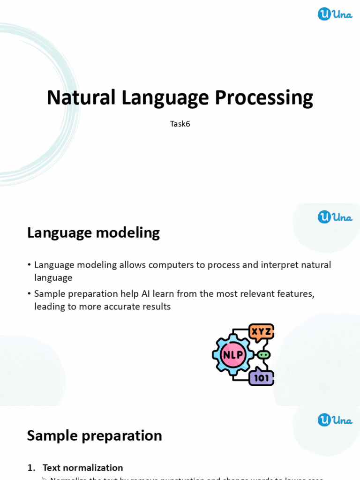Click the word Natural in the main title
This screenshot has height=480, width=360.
coord(81,97)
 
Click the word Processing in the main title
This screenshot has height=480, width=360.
coord(263,97)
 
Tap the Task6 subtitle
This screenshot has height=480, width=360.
coord(180,124)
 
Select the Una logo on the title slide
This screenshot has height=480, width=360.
coord(335,14)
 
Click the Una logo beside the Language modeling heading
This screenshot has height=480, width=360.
coord(335,217)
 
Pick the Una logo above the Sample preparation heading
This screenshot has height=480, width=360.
coord(335,420)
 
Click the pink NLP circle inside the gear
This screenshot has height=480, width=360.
coord(233,355)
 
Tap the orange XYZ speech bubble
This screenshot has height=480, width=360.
coord(261,332)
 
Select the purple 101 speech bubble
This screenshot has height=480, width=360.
coord(261,377)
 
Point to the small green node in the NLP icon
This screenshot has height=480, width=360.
coord(263,355)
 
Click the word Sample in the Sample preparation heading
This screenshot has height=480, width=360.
coord(52,435)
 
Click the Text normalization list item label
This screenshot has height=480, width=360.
coord(82,467)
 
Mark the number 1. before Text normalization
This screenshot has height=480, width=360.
coord(31,467)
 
